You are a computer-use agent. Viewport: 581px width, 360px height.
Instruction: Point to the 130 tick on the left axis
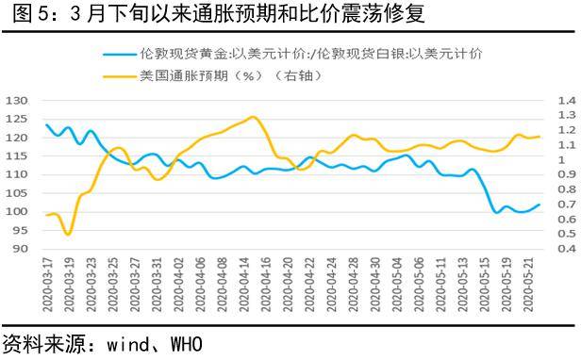(x=17, y=100)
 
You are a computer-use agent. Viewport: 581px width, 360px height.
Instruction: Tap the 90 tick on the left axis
(x=21, y=249)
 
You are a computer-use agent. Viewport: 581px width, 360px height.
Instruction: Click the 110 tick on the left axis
(x=17, y=174)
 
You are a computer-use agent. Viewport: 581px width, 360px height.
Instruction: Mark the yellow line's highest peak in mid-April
(x=253, y=117)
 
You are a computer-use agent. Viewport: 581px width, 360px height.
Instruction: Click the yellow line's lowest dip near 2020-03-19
(x=67, y=235)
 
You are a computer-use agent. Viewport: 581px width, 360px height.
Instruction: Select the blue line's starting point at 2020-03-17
(x=46, y=124)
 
